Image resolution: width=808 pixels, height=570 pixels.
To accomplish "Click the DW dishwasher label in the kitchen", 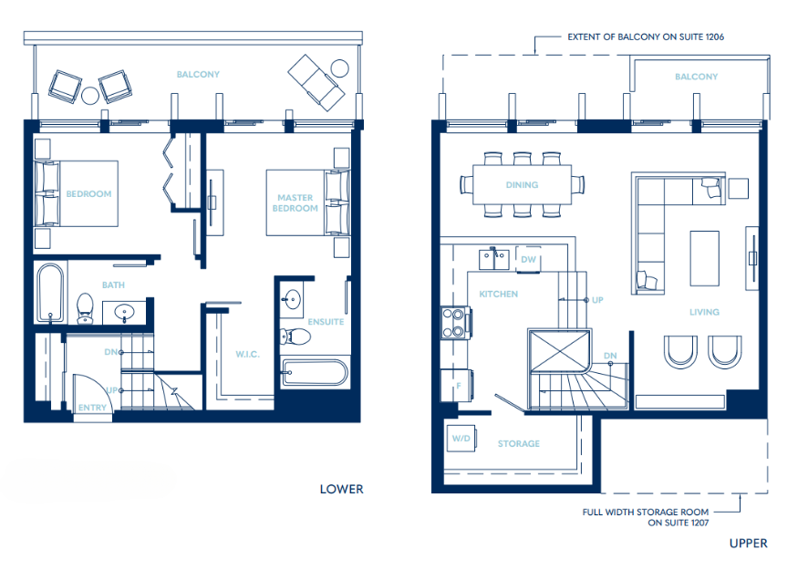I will click(x=528, y=259).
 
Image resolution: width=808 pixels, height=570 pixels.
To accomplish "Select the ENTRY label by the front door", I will click(x=91, y=408).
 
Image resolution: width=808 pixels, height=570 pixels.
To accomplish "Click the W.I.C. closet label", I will click(x=247, y=355).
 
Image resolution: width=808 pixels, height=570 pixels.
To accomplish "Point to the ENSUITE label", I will click(x=326, y=322).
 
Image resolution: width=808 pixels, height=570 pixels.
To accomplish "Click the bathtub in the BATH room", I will click(x=50, y=294).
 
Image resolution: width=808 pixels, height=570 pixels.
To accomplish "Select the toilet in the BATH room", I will click(x=86, y=307).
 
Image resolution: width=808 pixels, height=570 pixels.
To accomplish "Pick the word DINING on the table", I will click(x=523, y=185).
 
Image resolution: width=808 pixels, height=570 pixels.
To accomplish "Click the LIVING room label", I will click(x=704, y=312).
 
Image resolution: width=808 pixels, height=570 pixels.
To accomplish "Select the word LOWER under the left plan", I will click(x=341, y=489).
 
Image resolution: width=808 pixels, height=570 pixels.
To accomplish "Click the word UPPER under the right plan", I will click(x=748, y=544).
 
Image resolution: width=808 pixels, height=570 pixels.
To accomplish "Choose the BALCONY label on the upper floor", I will click(x=696, y=78).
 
